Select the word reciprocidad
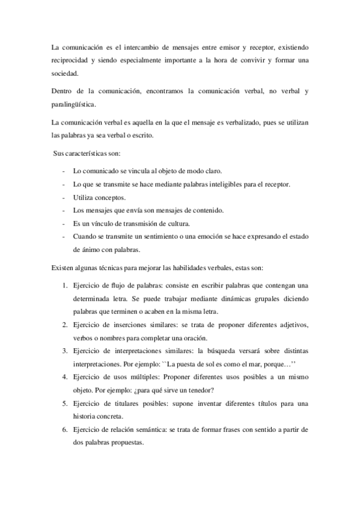(72, 60)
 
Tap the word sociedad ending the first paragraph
(65, 75)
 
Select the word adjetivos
(288, 325)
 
